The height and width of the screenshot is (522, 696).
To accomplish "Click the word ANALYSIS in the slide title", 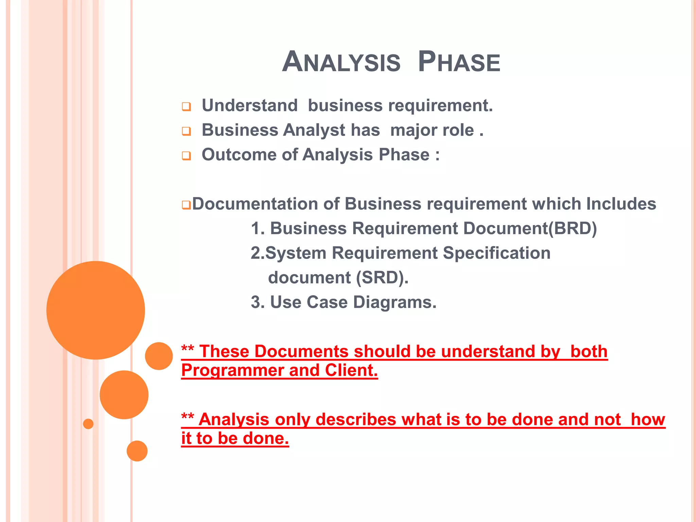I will [341, 62].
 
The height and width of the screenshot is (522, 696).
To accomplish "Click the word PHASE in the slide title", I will [459, 62].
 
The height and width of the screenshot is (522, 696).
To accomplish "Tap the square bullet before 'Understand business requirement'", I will [186, 107].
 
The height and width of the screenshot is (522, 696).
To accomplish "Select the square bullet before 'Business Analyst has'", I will [186, 131].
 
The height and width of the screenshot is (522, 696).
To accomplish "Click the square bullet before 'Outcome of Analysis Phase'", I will [186, 156].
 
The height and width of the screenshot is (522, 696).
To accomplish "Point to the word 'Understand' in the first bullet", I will [250, 105].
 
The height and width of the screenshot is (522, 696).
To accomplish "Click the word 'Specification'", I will [497, 253].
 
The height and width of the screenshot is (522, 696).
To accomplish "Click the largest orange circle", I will [95, 310].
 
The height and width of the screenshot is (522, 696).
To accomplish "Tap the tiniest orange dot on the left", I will [88, 424].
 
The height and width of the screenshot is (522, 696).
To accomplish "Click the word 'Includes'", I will [621, 204].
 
